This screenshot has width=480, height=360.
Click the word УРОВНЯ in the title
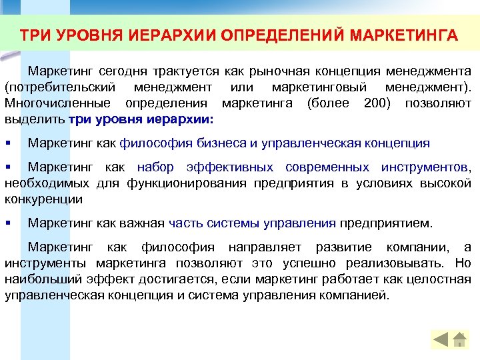(x=77, y=35)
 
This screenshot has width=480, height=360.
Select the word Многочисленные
(x=59, y=103)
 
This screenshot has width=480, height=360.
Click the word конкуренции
(x=43, y=199)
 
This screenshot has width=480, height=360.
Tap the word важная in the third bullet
(x=144, y=223)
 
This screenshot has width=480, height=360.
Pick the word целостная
(x=438, y=279)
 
